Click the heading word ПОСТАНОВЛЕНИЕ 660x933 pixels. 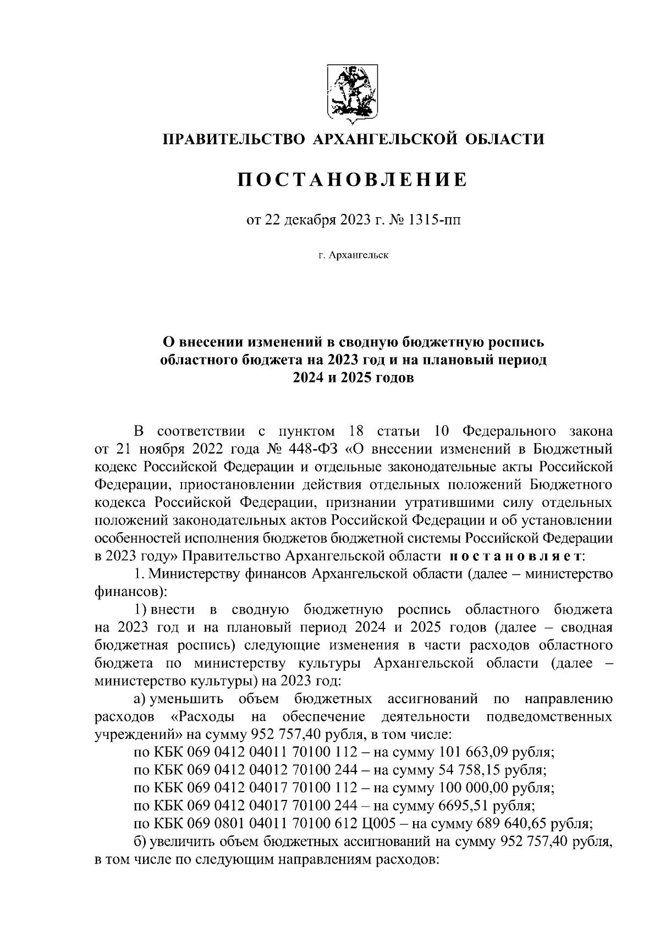point(352,179)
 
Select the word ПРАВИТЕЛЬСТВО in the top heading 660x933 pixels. point(233,139)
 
